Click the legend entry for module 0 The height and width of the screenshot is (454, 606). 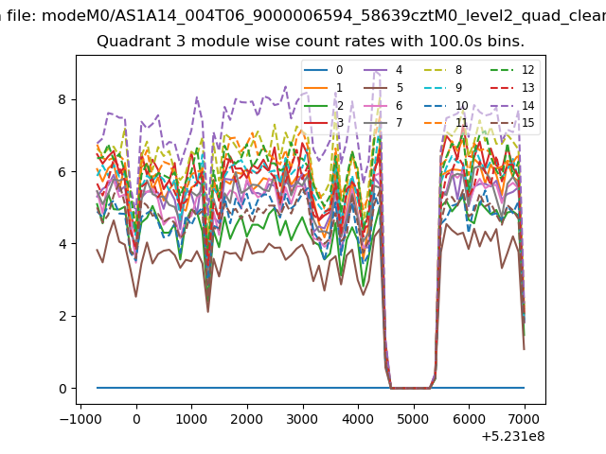point(323,70)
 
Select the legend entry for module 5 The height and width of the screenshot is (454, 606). point(383,88)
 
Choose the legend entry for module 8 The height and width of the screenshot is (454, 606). point(443,70)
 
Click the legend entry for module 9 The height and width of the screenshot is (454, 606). point(443,88)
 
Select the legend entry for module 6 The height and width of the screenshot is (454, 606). point(383,105)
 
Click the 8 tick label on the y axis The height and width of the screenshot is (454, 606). point(62,99)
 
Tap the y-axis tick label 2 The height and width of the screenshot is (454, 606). point(62,316)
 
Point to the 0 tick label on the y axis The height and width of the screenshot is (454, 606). point(62,389)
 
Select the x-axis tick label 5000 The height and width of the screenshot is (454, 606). point(414,419)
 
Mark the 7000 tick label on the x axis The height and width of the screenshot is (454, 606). point(525,419)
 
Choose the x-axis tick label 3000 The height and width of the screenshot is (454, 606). point(303,419)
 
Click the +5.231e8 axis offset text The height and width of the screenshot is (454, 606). point(513,437)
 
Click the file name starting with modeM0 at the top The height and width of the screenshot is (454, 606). point(324,16)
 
